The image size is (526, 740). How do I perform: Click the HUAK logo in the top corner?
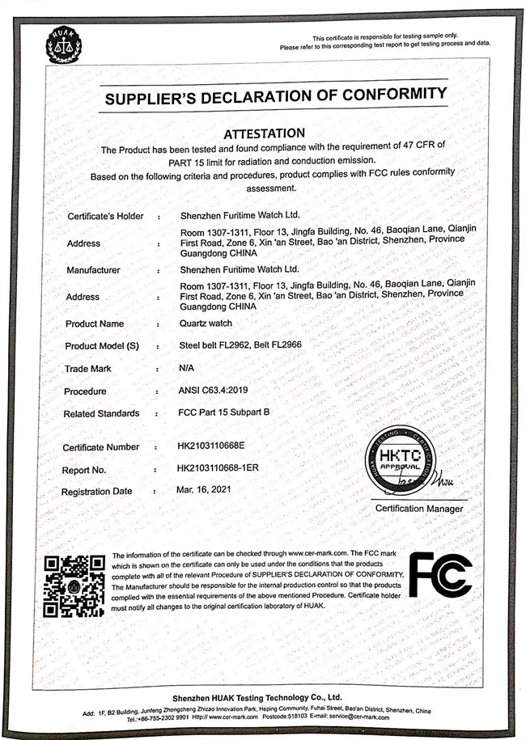64,46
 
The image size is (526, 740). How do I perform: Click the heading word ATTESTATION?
264,133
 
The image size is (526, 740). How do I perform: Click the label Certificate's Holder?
105,216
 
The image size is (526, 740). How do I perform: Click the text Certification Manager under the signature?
419,508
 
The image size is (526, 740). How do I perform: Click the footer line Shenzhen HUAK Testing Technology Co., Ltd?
257,696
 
